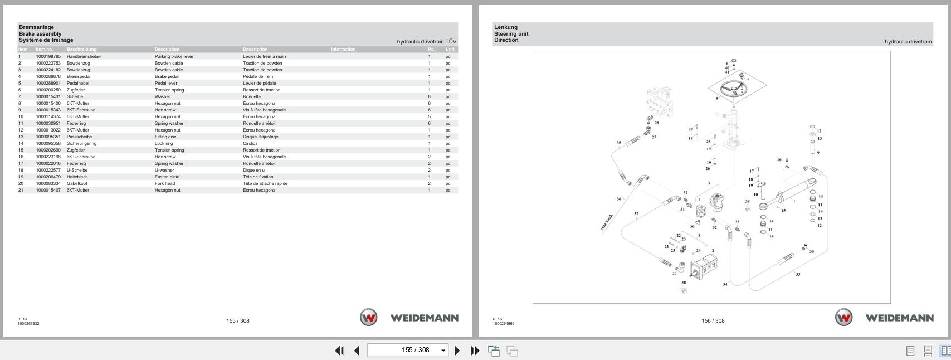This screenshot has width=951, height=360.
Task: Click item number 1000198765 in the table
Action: tap(48, 56)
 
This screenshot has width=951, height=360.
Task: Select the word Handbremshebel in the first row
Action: tap(84, 56)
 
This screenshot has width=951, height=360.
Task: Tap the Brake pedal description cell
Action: tap(167, 76)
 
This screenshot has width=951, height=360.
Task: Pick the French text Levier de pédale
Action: tap(259, 83)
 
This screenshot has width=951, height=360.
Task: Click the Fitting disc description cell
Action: tap(165, 137)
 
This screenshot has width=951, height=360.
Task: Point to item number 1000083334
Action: tap(48, 183)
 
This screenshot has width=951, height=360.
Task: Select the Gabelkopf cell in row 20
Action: tap(77, 183)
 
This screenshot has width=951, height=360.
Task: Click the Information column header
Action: tap(343, 49)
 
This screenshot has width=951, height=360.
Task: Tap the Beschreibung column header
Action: tap(81, 49)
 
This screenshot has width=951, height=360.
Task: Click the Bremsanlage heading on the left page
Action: tap(36, 27)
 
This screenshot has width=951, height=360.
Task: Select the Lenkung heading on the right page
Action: tap(505, 27)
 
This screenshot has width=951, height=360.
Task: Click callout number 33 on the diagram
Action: tap(798, 274)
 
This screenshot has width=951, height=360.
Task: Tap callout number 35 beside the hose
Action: tap(618, 143)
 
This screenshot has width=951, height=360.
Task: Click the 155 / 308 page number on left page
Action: tap(238, 320)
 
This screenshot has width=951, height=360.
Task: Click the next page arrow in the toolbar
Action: tap(457, 351)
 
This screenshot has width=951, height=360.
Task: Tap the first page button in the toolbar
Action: tap(339, 351)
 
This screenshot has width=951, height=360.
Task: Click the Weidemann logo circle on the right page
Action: tap(843, 318)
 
